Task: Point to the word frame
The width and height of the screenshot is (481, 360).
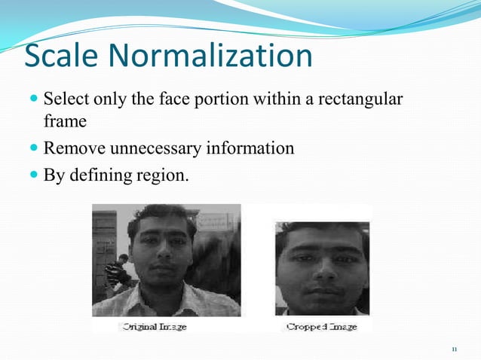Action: pyautogui.click(x=65, y=121)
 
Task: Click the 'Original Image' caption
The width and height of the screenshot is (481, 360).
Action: pyautogui.click(x=155, y=327)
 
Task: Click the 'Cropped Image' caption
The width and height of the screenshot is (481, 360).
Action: pyautogui.click(x=322, y=327)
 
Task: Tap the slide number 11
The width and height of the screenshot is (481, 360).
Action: pyautogui.click(x=454, y=349)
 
